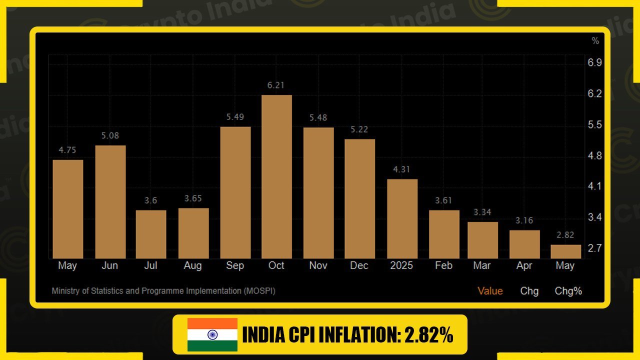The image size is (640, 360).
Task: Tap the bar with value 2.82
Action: (x=565, y=251)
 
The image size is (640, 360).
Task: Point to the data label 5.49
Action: (x=235, y=117)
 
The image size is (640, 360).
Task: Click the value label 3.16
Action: (x=524, y=220)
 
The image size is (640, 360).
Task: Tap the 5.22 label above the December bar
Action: (x=359, y=129)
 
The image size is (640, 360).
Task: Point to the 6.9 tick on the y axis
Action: (x=594, y=63)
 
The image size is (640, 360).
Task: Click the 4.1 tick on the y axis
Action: (x=594, y=186)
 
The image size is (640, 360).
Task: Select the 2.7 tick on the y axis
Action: (x=594, y=248)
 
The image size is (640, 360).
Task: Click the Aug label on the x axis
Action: (x=192, y=265)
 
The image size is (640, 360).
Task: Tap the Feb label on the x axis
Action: (x=443, y=265)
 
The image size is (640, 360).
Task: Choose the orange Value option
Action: (x=490, y=291)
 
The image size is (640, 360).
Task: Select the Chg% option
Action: (x=568, y=291)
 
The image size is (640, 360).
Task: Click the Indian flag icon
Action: (x=212, y=334)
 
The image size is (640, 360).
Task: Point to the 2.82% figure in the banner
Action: (x=427, y=335)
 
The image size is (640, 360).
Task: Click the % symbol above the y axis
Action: (x=595, y=40)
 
